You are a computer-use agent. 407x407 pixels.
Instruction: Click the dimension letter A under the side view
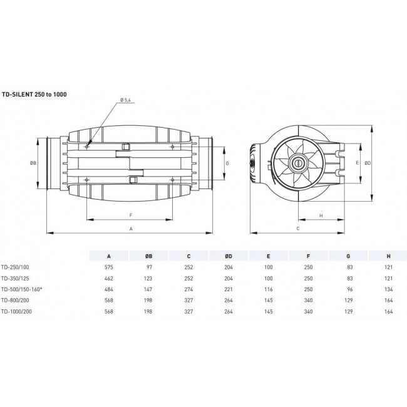[x=130, y=230]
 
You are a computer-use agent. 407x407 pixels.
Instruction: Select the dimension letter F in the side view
[x=130, y=215]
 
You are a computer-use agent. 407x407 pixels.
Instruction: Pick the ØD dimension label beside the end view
[x=369, y=163]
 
